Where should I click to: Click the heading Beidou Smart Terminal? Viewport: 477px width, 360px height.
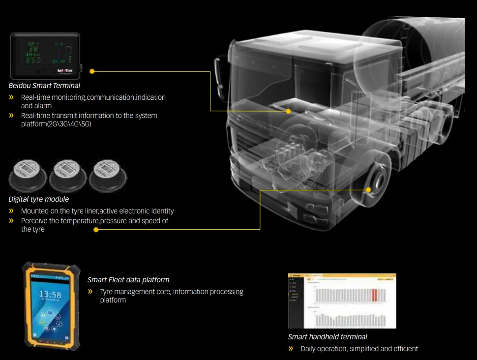point(44,86)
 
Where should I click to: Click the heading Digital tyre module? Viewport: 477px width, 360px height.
point(39,199)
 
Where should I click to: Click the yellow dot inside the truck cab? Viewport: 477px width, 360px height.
point(289,111)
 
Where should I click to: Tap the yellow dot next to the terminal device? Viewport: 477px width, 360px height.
point(92,71)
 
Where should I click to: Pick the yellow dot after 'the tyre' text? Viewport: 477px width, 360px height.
point(96,229)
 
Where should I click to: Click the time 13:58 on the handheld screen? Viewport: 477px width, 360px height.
point(50,295)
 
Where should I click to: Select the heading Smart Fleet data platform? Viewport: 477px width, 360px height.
point(128,280)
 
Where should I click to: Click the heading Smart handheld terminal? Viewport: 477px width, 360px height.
point(328,337)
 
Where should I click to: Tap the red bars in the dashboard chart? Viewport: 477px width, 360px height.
point(374,295)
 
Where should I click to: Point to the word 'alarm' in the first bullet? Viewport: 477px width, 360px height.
point(43,106)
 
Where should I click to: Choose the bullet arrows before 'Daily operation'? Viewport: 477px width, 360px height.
point(291,349)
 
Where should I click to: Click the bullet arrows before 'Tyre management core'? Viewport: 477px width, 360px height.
point(90,292)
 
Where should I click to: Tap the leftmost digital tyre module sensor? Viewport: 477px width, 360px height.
point(28,174)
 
